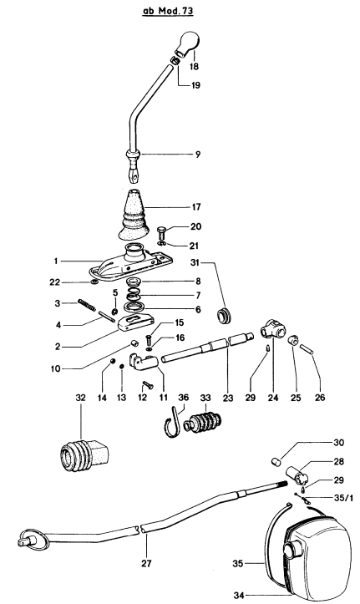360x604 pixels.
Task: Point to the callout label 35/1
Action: (339, 499)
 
